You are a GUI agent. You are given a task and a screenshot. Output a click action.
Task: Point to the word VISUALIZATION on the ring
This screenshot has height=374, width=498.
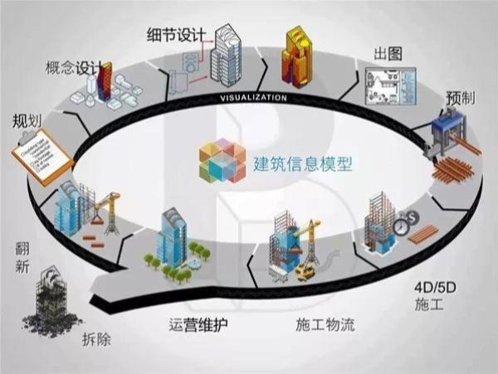(x=254, y=98)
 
